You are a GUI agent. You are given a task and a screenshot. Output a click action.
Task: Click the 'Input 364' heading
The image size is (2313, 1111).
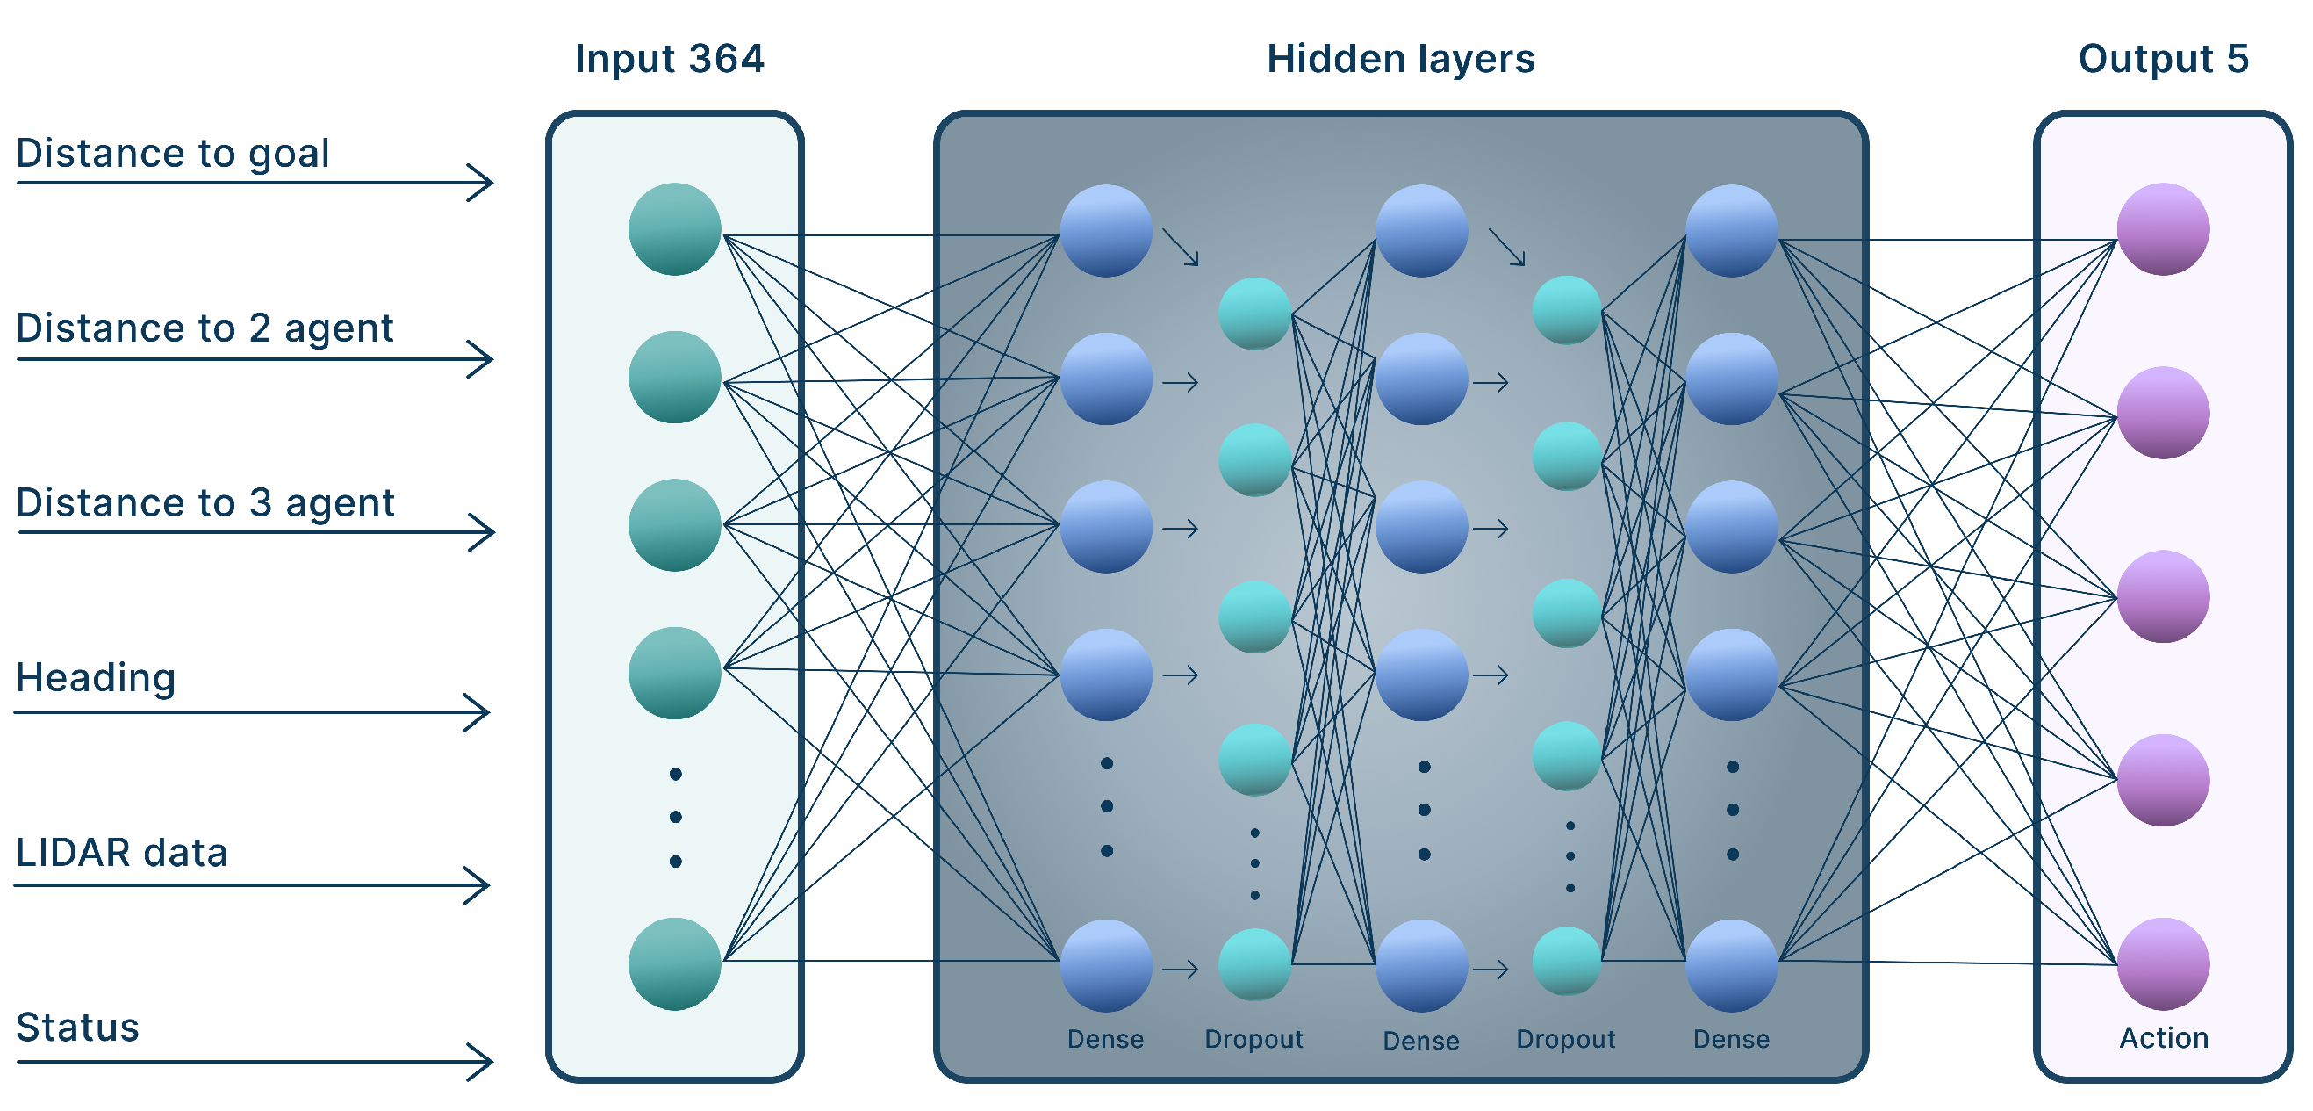[669, 59]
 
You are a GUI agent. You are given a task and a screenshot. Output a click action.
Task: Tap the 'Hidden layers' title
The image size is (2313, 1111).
[1400, 59]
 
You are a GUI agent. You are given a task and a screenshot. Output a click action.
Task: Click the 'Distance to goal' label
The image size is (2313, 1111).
[172, 154]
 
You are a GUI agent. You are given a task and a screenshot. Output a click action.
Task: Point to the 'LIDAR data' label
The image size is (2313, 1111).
[121, 852]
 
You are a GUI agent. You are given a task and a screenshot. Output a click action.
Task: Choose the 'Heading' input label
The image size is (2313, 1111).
[95, 677]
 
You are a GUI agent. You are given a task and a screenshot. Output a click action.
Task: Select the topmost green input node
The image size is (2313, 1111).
[674, 229]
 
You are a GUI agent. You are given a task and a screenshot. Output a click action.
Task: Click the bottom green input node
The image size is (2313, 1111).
[674, 963]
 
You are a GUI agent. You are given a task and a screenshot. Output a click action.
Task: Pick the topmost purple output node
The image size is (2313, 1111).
[2162, 229]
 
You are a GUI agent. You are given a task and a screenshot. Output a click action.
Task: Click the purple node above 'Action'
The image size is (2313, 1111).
[2162, 963]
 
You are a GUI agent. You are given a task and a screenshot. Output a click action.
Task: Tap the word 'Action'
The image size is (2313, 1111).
[2163, 1038]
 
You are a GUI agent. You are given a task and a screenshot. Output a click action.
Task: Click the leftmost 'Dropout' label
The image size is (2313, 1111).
[1253, 1039]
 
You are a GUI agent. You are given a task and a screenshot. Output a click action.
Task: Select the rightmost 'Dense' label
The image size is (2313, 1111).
[1730, 1039]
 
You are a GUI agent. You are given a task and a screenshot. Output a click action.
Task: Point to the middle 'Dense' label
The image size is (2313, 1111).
[1420, 1041]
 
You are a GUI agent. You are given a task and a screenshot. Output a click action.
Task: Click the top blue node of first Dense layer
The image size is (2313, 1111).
[1105, 231]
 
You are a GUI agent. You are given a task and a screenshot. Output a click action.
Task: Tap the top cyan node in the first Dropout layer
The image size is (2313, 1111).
[1254, 314]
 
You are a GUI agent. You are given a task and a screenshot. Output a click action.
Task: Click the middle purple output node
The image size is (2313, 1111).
[2162, 595]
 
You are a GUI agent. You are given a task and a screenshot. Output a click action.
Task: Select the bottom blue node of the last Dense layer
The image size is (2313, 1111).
[1730, 964]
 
